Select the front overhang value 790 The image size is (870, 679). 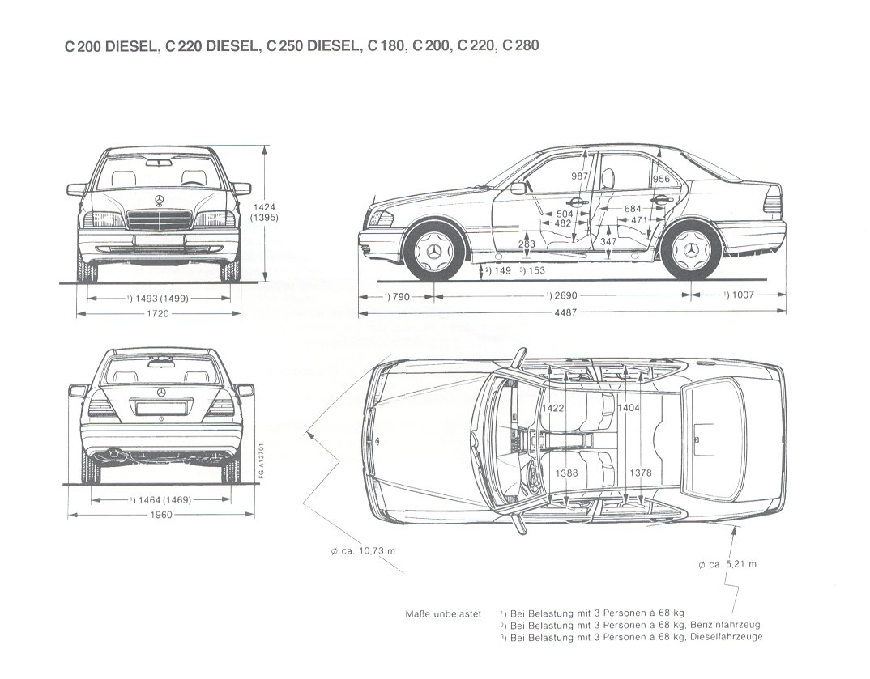(398, 296)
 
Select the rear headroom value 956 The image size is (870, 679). (661, 180)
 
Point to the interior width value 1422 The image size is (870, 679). (554, 408)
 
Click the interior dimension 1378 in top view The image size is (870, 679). (640, 473)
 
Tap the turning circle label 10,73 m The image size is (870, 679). (363, 551)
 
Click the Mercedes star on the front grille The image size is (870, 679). (159, 202)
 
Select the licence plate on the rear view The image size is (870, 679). (160, 408)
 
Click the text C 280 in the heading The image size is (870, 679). (520, 46)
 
